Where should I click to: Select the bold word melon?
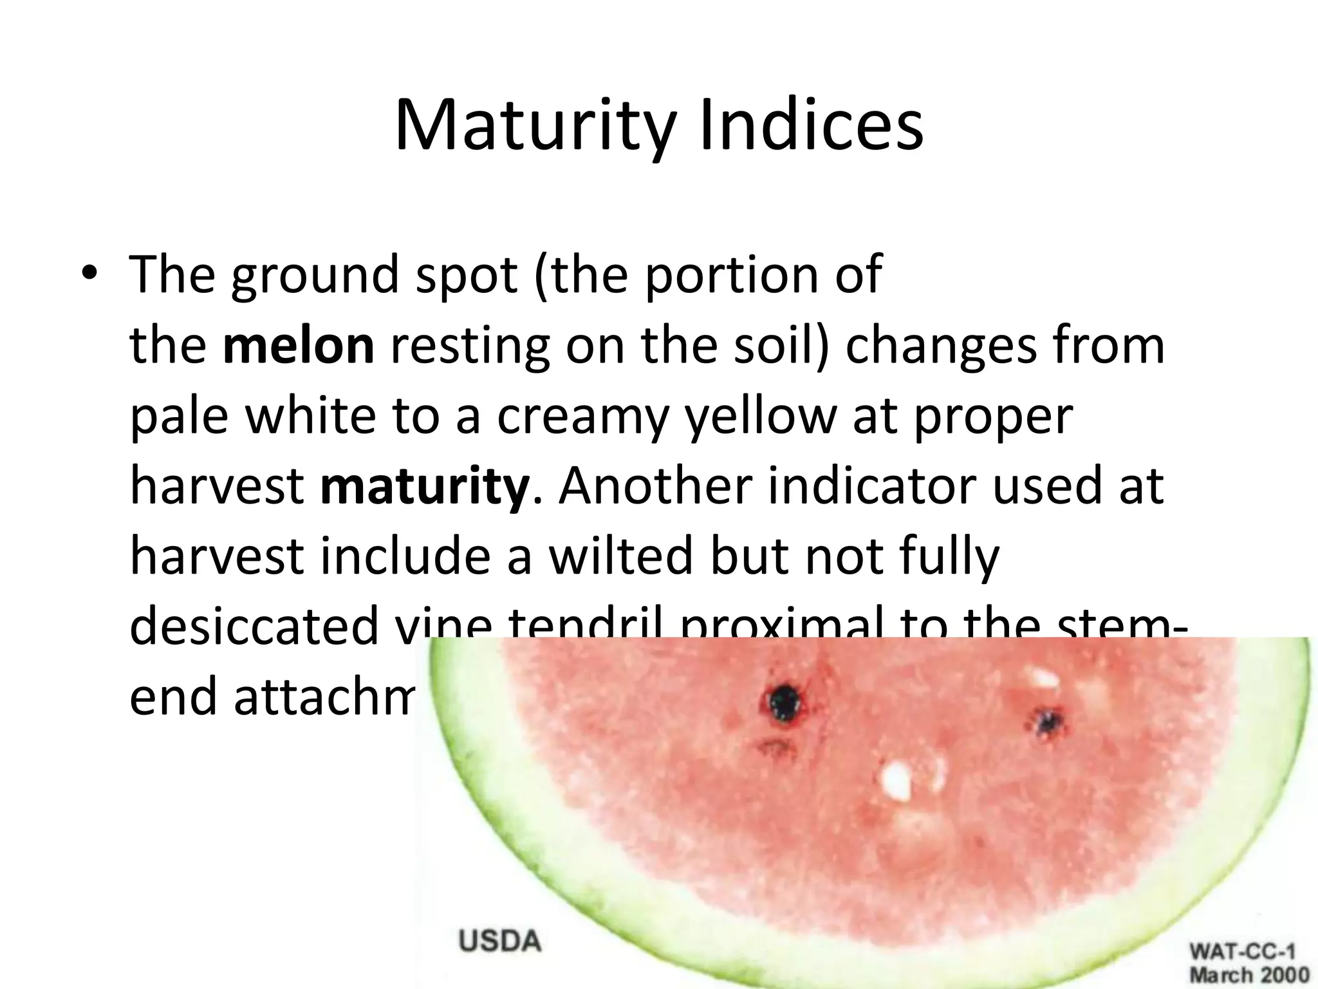299,345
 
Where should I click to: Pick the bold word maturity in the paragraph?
425,487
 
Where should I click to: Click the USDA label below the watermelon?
499,942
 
